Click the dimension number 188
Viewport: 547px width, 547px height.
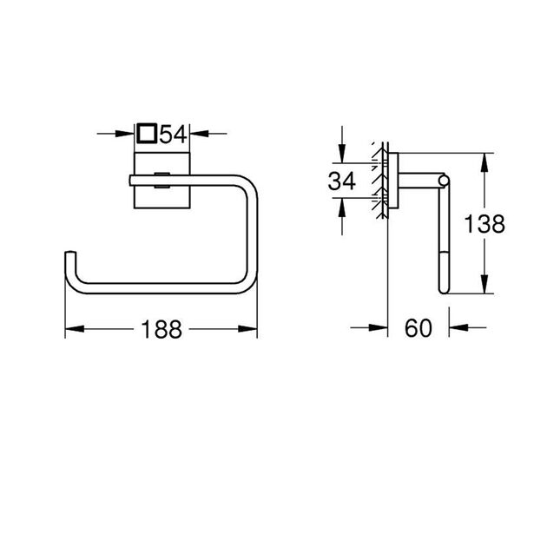(x=162, y=329)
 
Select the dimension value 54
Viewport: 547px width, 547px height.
(x=174, y=134)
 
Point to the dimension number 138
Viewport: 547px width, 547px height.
(x=483, y=224)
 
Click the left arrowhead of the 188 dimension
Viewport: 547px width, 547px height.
(x=73, y=329)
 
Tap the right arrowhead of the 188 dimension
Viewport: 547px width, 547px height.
(x=251, y=329)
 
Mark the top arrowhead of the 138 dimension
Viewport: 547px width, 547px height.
(x=483, y=161)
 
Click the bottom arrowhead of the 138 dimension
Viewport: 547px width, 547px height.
(x=483, y=289)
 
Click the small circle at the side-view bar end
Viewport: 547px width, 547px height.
(x=444, y=181)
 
